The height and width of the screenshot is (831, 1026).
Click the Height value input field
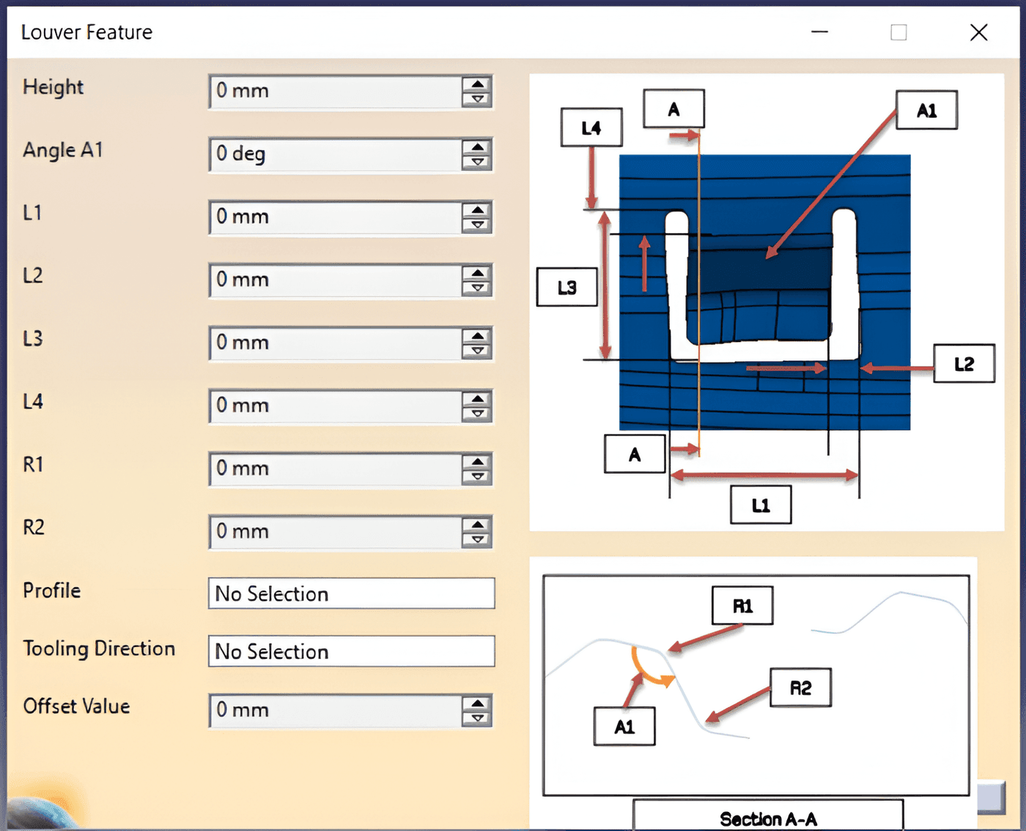click(336, 91)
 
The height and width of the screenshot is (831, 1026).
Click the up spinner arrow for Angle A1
click(477, 147)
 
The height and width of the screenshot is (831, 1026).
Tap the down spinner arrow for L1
click(477, 225)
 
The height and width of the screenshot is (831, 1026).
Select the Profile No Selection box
click(352, 593)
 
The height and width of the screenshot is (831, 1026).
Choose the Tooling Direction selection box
click(352, 651)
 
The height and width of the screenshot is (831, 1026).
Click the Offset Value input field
click(336, 710)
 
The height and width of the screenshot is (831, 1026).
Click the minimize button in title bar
click(819, 32)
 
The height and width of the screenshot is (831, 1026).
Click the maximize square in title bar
click(898, 33)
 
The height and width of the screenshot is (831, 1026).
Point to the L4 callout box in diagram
click(591, 128)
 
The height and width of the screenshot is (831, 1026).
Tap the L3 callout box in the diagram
click(567, 287)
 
